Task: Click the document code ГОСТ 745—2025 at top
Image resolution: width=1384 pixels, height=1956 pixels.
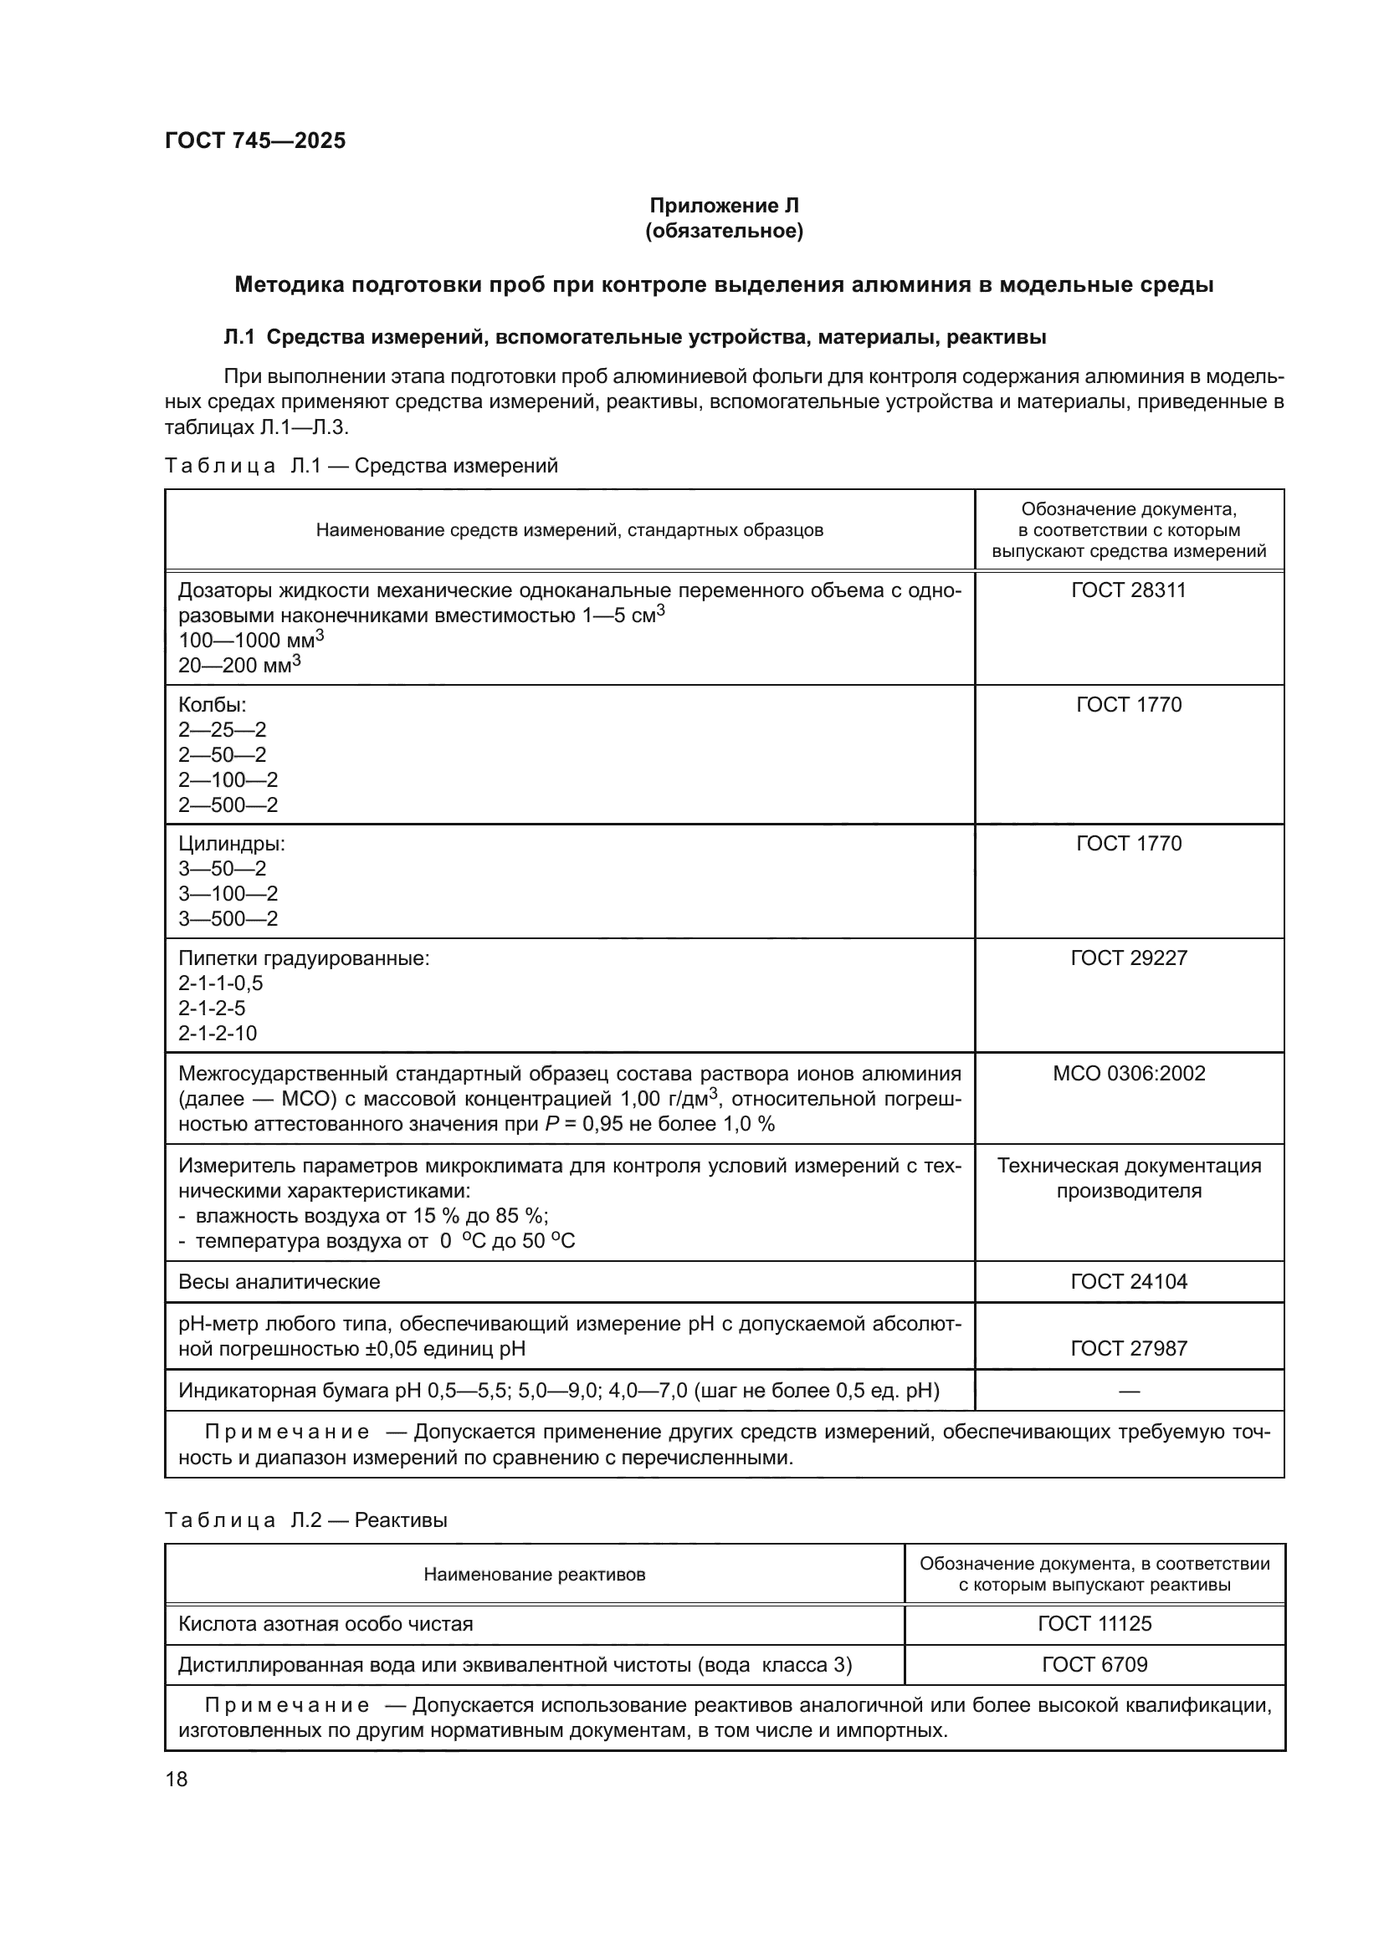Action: [256, 140]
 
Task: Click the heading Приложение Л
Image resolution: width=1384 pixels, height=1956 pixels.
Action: [724, 206]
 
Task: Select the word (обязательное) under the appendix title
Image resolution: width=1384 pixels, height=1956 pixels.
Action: [724, 231]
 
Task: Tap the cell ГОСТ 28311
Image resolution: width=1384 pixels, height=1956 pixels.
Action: [1128, 590]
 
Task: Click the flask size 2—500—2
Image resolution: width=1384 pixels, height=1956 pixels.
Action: [228, 805]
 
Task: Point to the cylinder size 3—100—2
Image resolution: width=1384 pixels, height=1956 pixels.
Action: [228, 894]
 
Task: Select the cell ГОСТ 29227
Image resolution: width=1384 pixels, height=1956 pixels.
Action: [1128, 958]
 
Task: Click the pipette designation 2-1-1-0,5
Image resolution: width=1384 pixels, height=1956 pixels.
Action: [221, 983]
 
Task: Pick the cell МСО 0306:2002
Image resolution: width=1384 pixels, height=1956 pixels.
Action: [1128, 1074]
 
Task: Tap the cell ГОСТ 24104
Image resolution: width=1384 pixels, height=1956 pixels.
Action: [1128, 1281]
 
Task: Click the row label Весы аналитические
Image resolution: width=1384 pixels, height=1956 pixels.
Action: [279, 1282]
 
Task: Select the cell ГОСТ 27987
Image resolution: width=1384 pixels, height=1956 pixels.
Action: [1128, 1348]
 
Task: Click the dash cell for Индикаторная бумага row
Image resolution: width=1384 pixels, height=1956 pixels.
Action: [1128, 1392]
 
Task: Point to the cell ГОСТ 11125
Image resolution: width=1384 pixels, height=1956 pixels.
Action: [1094, 1624]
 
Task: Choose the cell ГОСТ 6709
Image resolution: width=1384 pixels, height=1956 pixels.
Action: [1094, 1665]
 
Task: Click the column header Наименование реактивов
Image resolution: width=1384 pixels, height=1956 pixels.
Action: [535, 1575]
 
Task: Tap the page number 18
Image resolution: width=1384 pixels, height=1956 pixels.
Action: [177, 1779]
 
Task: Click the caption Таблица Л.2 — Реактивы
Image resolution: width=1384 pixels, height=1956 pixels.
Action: [306, 1520]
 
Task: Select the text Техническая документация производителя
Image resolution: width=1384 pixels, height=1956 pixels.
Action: [1128, 1178]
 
